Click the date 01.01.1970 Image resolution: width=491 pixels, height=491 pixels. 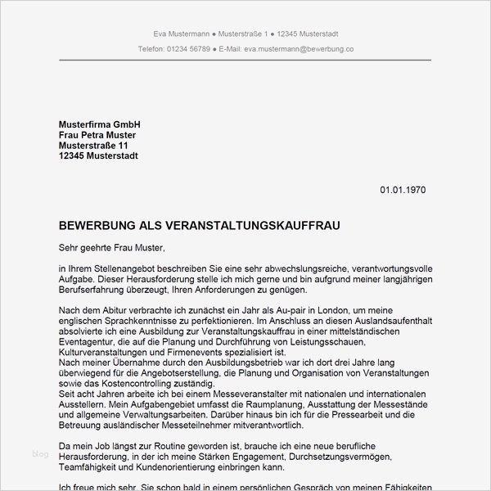(403, 191)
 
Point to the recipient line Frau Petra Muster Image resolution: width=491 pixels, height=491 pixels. (97, 135)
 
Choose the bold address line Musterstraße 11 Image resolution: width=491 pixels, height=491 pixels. (93, 146)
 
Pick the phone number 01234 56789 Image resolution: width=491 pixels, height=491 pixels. (187, 49)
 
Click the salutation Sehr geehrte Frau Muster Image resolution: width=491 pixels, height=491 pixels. (112, 246)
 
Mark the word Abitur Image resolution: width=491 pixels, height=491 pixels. (118, 311)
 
